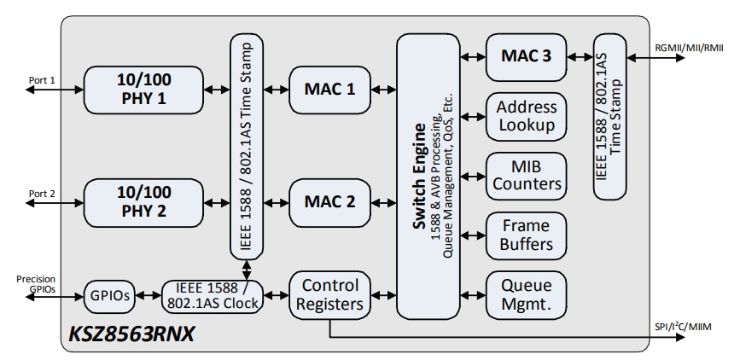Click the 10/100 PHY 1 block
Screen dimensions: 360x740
point(144,89)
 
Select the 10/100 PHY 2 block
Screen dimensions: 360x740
point(144,202)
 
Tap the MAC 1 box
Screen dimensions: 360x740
point(329,89)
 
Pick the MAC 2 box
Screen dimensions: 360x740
point(329,202)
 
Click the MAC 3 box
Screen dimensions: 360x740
point(526,57)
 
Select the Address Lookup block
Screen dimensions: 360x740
point(526,117)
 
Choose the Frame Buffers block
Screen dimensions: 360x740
point(526,235)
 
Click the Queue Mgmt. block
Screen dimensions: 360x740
point(526,294)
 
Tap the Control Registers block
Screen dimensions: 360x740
point(329,294)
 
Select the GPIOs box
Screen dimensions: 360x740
point(107,295)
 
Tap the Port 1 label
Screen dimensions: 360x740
point(42,81)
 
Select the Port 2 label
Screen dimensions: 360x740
point(42,194)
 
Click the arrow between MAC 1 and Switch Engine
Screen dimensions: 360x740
point(382,89)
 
